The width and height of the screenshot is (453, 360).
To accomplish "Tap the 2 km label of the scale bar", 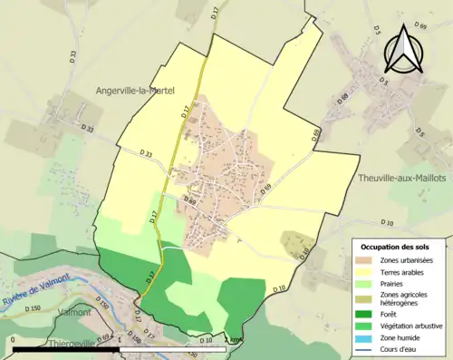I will (236, 341).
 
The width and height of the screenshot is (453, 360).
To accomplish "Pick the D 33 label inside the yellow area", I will (147, 154).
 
